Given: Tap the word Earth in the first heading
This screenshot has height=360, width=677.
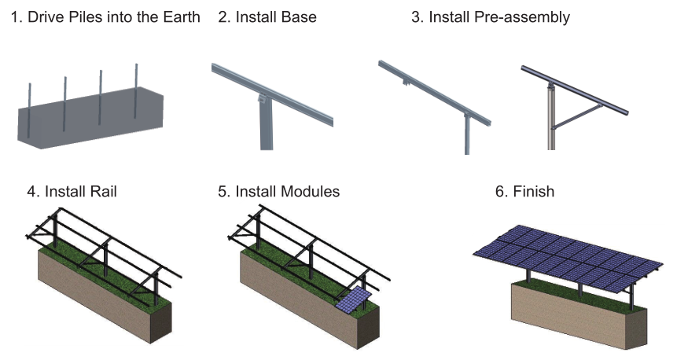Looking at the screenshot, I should [x=179, y=17].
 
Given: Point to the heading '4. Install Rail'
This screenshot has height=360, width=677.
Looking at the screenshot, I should [x=72, y=191].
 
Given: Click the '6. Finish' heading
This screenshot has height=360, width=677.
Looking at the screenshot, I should [x=524, y=191].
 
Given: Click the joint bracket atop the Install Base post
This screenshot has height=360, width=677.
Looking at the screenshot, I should [x=261, y=100].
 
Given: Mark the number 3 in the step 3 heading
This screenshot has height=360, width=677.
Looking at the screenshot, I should [x=416, y=17].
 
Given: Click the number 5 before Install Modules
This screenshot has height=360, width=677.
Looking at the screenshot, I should [x=223, y=191].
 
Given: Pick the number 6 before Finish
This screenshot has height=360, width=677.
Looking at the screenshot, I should [x=499, y=191].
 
